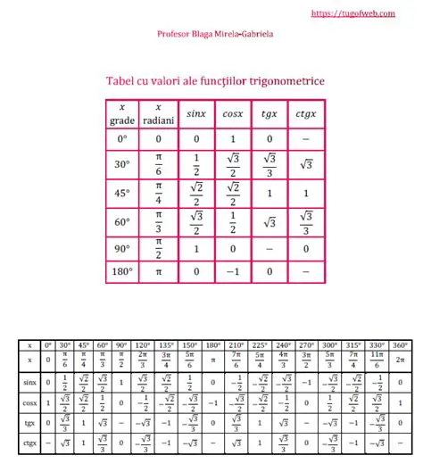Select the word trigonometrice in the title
click(x=282, y=81)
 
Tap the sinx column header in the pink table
click(x=195, y=114)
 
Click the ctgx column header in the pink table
click(x=305, y=114)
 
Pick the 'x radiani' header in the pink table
click(x=159, y=114)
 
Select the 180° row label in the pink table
click(x=122, y=270)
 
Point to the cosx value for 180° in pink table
click(x=232, y=270)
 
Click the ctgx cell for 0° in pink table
click(x=305, y=139)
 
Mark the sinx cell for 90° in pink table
click(x=195, y=248)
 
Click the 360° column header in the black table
click(x=400, y=344)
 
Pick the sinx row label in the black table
click(x=29, y=382)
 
